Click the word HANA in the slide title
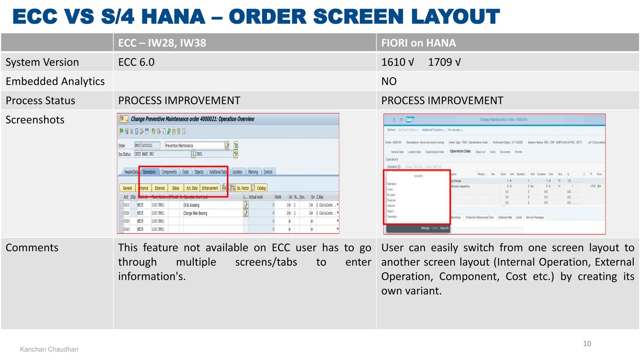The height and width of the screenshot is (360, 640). (x=173, y=17)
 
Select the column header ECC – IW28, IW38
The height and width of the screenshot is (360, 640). (x=162, y=43)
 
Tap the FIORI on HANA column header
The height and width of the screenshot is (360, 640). (x=418, y=43)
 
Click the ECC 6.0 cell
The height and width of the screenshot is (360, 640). (x=136, y=62)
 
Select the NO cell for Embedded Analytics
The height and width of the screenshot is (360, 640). (x=389, y=81)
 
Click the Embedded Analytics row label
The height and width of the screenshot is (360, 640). (x=55, y=81)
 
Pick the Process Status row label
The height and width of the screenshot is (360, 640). (x=40, y=101)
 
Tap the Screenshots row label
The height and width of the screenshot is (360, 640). (x=35, y=120)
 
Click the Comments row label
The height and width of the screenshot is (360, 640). (x=32, y=247)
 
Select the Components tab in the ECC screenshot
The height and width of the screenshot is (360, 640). (x=169, y=172)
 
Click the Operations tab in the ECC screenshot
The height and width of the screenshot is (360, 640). (x=149, y=172)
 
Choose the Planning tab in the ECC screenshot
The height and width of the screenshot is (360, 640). (x=253, y=172)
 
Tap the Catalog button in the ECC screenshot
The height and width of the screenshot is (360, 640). (x=261, y=188)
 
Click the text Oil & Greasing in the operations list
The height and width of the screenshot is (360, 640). (x=191, y=205)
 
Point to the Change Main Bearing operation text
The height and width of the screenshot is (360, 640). (x=195, y=213)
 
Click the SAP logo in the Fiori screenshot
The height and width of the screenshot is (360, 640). (x=409, y=119)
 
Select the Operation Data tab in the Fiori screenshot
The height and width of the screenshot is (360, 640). (x=460, y=151)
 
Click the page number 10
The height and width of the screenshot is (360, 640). (x=587, y=344)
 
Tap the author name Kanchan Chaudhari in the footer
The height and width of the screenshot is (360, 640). (x=49, y=349)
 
